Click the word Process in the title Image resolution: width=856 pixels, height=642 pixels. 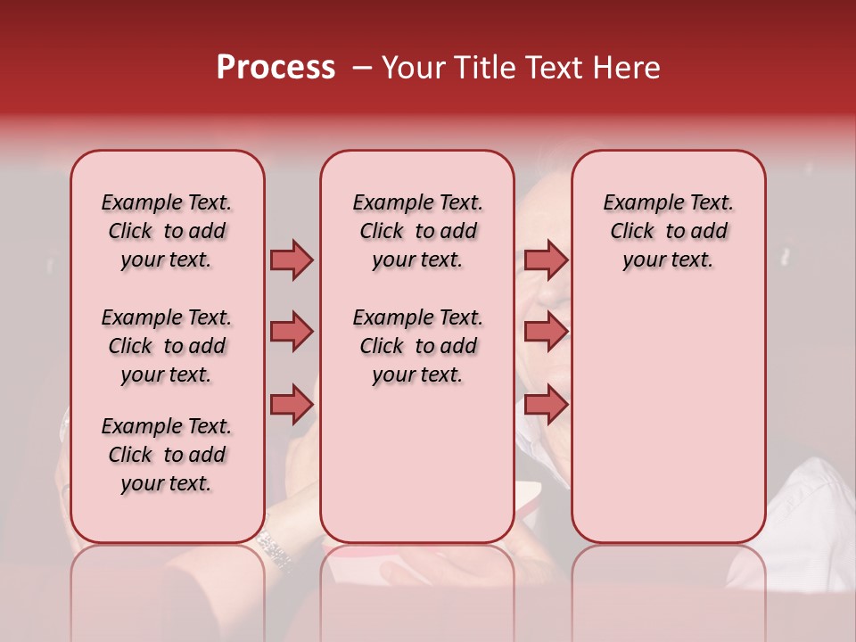click(276, 68)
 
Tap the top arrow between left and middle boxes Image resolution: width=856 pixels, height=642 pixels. click(292, 259)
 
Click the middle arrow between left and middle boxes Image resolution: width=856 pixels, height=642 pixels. click(292, 332)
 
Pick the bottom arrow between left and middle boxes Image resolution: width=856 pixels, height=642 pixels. click(292, 405)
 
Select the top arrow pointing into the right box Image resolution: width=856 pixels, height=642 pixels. click(546, 259)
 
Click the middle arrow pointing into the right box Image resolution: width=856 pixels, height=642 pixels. click(546, 332)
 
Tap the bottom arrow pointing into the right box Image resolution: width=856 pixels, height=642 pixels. click(546, 405)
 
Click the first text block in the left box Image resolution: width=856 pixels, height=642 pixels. click(167, 231)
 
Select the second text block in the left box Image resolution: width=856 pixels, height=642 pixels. click(167, 346)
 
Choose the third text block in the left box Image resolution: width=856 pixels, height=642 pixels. click(167, 455)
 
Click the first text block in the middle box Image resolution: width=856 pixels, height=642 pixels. click(417, 231)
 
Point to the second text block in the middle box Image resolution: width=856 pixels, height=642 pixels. click(417, 346)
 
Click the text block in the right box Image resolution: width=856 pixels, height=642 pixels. click(669, 231)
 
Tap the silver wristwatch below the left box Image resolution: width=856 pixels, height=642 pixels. click(276, 549)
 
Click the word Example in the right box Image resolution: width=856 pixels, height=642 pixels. click(637, 203)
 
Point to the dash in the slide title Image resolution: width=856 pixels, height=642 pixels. click(361, 68)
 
